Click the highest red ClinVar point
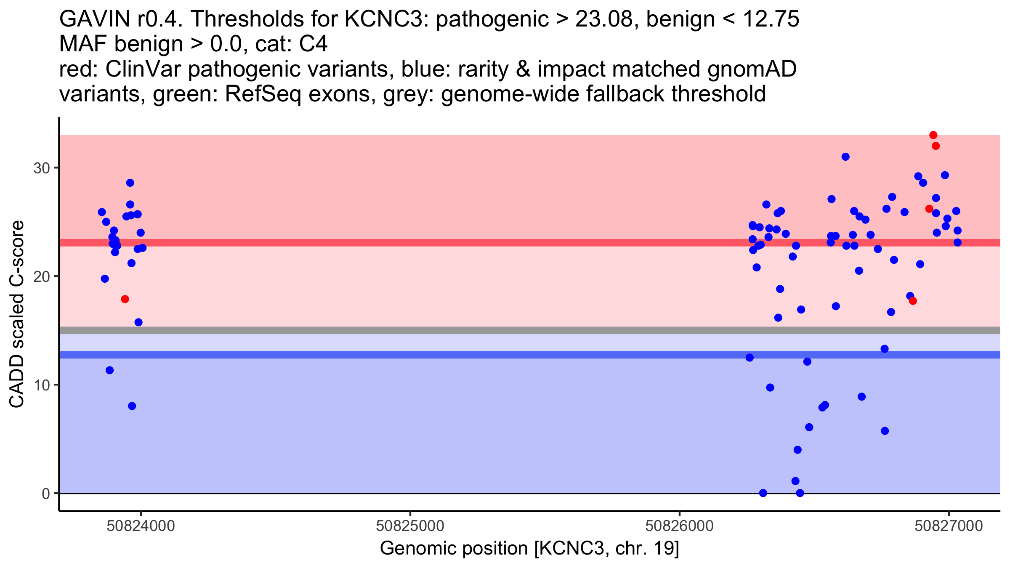tap(933, 135)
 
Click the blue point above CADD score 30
tap(845, 157)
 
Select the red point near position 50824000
tap(125, 299)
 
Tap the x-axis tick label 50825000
tap(410, 526)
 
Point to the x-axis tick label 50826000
tap(679, 526)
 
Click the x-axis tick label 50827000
tap(949, 526)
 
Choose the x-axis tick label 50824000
tap(141, 526)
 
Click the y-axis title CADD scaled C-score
tap(17, 314)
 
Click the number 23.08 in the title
tap(604, 19)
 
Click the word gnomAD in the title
tap(752, 69)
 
